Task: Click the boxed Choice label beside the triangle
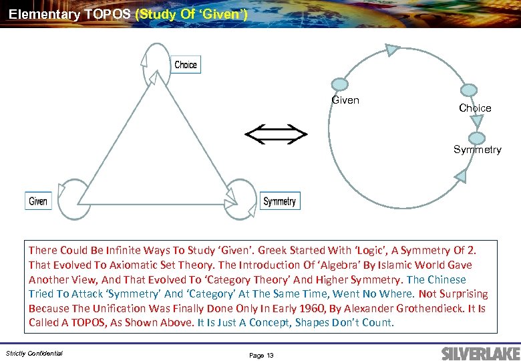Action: tap(186, 64)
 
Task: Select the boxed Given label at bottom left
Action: tap(38, 201)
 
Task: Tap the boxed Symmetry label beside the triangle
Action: tap(279, 201)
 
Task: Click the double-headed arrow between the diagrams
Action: tap(276, 135)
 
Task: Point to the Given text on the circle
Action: tap(345, 100)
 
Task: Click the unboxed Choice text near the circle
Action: tap(475, 108)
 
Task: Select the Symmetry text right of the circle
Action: tap(477, 149)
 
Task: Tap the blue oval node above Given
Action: tap(340, 84)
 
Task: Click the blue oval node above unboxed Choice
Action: tap(469, 90)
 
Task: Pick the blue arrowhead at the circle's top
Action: tap(392, 49)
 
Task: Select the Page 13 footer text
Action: tap(261, 355)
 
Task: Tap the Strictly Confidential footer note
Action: tap(34, 353)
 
